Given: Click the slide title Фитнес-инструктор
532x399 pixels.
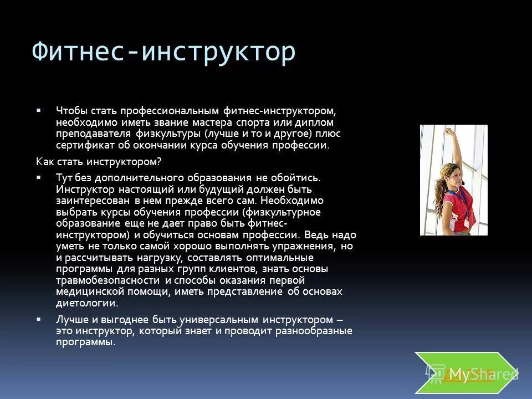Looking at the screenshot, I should tap(163, 53).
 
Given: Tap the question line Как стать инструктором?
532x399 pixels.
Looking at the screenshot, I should tap(98, 161).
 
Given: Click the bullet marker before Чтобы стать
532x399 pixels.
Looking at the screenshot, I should tap(39, 110).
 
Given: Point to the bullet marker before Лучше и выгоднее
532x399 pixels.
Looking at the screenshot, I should tap(39, 320).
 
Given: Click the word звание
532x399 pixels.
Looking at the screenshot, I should tap(171, 122).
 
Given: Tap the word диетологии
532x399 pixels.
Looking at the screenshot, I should tap(86, 303).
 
